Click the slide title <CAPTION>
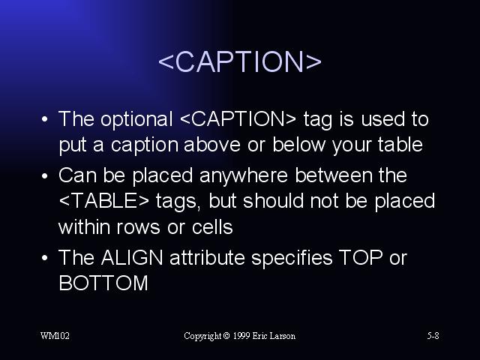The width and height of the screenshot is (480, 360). click(x=240, y=61)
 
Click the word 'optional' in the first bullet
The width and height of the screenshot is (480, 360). click(x=136, y=120)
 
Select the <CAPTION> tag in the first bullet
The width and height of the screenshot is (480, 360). click(x=238, y=118)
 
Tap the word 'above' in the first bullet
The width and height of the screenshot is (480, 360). click(x=212, y=145)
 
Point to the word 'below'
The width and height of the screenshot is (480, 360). click(x=299, y=145)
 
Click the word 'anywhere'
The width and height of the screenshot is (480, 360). click(x=244, y=176)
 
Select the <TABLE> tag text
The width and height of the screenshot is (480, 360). click(x=103, y=201)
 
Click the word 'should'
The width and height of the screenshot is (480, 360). click(x=273, y=201)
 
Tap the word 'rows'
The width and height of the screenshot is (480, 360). click(x=138, y=228)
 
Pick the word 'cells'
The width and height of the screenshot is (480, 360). click(x=212, y=226)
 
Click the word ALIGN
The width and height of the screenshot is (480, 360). click(x=132, y=257)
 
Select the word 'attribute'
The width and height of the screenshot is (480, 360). click(x=207, y=257)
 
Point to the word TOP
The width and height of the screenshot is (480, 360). click(x=361, y=257)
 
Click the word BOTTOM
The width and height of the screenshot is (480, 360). click(x=103, y=283)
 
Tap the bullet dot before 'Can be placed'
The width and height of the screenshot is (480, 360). click(x=45, y=176)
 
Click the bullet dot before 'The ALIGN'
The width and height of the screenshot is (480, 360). click(x=45, y=258)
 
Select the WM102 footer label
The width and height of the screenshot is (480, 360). click(x=55, y=336)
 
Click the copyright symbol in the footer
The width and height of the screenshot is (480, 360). click(x=226, y=336)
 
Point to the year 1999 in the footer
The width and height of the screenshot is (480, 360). click(x=241, y=336)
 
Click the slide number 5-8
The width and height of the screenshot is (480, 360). click(x=433, y=336)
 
